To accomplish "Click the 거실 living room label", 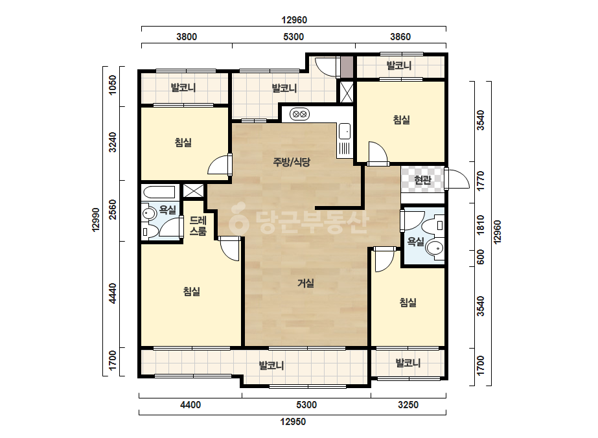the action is pos(306,283).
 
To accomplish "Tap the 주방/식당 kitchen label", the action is pos(292,162).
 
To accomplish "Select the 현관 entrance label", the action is pos(422,179).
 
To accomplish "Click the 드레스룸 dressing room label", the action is pos(198,225).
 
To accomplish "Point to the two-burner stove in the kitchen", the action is pos(299,113).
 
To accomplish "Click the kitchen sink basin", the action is pos(345,132).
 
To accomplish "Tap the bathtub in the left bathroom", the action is pos(158,192).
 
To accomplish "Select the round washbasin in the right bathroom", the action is pos(434,248).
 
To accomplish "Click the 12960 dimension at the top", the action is pos(294,20).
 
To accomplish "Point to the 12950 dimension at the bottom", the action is pos(293,422).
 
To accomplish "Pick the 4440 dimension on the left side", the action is pos(113,294).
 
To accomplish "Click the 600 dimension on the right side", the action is pos(481,257).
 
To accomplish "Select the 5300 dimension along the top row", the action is pos(293,37).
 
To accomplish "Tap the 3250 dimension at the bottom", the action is pos(408,405).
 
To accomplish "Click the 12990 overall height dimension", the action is pos(95,219).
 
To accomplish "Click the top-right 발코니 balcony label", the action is pos(399,65).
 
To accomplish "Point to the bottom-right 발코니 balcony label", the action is pos(408,363).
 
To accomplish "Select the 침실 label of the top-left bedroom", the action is pos(183,143).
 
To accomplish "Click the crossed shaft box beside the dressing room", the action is pos(193,190).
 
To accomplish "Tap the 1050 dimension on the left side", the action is pos(113,85).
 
